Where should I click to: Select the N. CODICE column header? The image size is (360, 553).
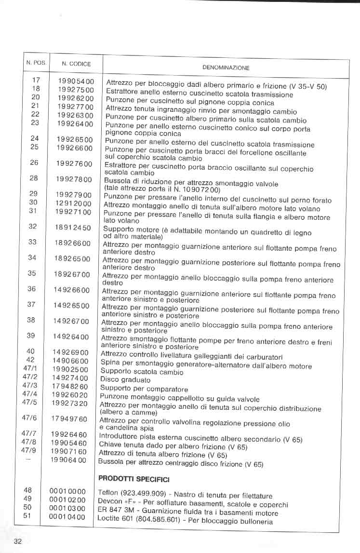[76, 64]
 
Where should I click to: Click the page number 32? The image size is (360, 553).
[18, 541]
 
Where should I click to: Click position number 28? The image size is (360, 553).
[34, 178]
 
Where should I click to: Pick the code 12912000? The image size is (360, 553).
[74, 203]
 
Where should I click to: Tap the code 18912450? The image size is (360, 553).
[73, 227]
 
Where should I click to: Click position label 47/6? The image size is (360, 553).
[29, 418]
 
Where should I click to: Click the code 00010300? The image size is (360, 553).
[67, 509]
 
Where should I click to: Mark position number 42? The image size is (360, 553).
[30, 360]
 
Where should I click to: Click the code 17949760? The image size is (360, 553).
[69, 418]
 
